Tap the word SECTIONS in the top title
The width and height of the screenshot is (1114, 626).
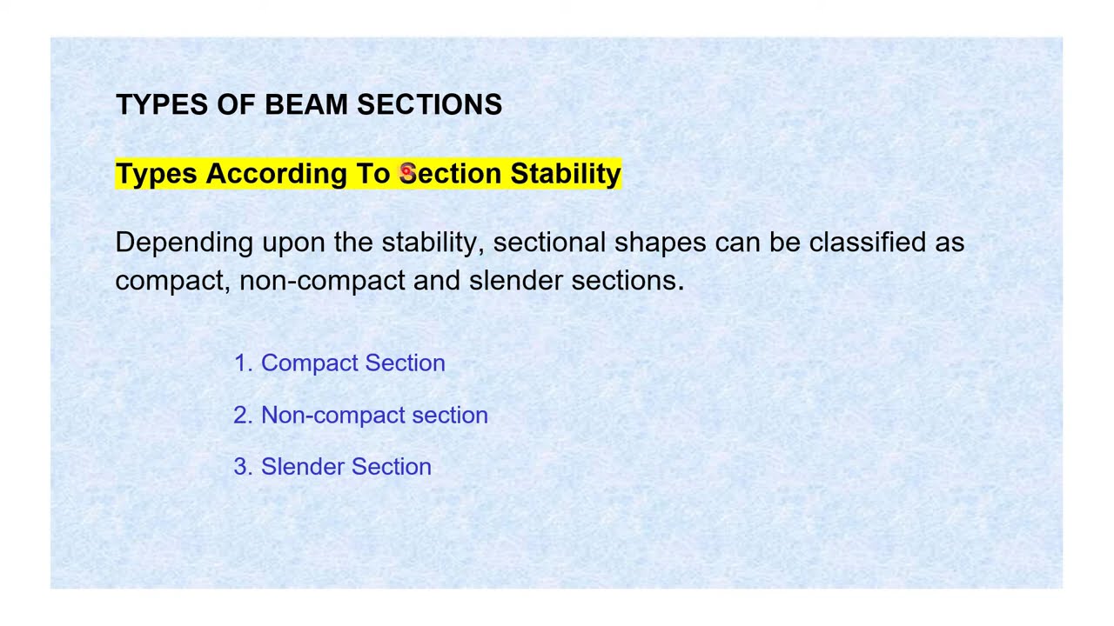(x=429, y=104)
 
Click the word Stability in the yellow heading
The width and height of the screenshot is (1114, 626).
(x=565, y=174)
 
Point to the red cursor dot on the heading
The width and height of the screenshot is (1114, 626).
(x=406, y=171)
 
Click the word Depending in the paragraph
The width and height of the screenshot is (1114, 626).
(x=184, y=243)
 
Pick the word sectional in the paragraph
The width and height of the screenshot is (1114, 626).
(x=548, y=243)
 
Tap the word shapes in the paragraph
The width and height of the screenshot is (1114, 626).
(x=660, y=243)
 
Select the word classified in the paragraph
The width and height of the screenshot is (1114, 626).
(x=867, y=243)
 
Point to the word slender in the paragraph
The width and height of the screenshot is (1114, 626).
(x=515, y=280)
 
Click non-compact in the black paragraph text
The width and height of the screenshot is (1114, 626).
(x=322, y=281)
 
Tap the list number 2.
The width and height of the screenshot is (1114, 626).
(x=241, y=416)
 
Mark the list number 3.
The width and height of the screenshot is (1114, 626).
(x=241, y=467)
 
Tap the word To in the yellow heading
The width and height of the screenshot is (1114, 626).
(x=372, y=174)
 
